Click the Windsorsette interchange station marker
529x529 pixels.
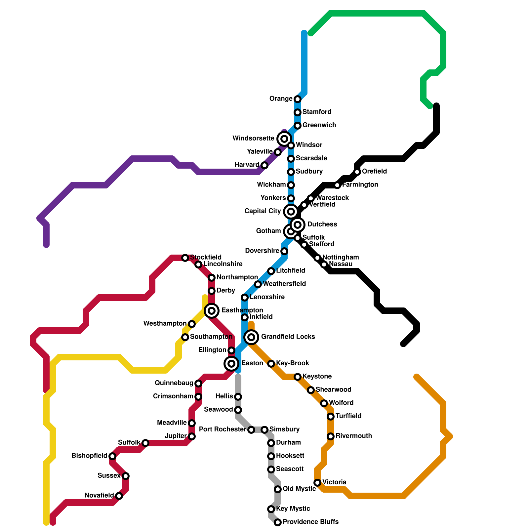click(284, 139)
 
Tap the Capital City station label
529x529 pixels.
click(263, 211)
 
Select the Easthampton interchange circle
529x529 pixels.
click(212, 311)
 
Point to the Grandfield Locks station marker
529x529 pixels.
click(251, 337)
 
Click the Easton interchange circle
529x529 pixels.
click(231, 364)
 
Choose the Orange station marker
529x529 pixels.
click(298, 99)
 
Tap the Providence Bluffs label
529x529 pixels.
click(310, 522)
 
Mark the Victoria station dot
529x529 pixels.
click(317, 483)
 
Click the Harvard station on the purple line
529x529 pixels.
click(264, 165)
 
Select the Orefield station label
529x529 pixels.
click(374, 172)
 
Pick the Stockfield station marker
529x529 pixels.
click(185, 258)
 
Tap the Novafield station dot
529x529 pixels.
click(119, 496)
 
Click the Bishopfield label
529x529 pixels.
click(89, 456)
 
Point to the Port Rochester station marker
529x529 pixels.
click(251, 430)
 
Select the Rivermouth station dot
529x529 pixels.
click(331, 436)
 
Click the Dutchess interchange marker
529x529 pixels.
click(298, 225)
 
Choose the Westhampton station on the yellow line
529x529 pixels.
click(192, 324)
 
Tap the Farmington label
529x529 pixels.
click(360, 185)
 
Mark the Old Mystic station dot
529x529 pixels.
click(278, 489)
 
